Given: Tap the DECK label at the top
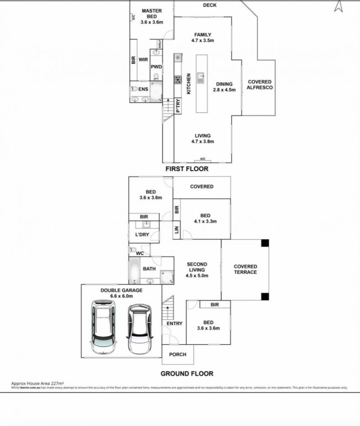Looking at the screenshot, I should pyautogui.click(x=210, y=5).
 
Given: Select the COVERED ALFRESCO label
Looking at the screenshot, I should pyautogui.click(x=260, y=85).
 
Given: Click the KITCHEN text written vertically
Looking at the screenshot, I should pyautogui.click(x=189, y=84).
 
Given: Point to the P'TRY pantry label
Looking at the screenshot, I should pyautogui.click(x=178, y=106).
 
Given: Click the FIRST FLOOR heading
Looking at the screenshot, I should pyautogui.click(x=187, y=169).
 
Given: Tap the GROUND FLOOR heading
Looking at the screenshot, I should pyautogui.click(x=187, y=373).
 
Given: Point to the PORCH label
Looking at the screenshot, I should pyautogui.click(x=178, y=354).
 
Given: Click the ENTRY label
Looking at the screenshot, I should pyautogui.click(x=175, y=323).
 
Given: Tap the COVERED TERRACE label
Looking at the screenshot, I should pyautogui.click(x=246, y=269).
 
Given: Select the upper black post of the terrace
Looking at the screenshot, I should pyautogui.click(x=265, y=243).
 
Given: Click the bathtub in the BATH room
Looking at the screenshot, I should pyautogui.click(x=135, y=269).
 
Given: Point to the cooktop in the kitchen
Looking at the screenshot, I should pyautogui.click(x=178, y=80).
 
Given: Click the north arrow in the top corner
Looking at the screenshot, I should pyautogui.click(x=339, y=6).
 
